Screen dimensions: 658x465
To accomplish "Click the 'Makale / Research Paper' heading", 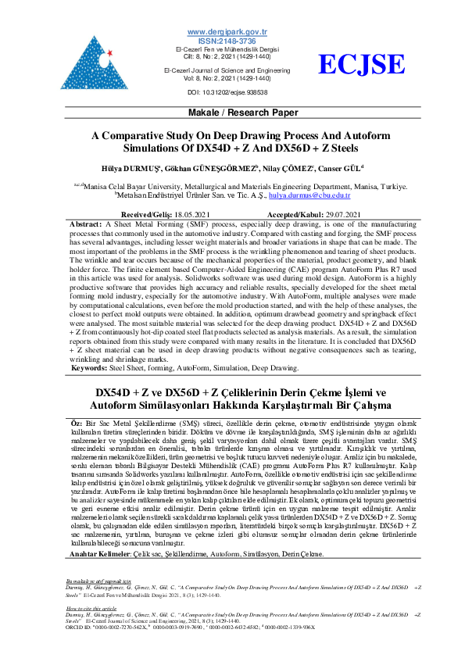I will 232,113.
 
